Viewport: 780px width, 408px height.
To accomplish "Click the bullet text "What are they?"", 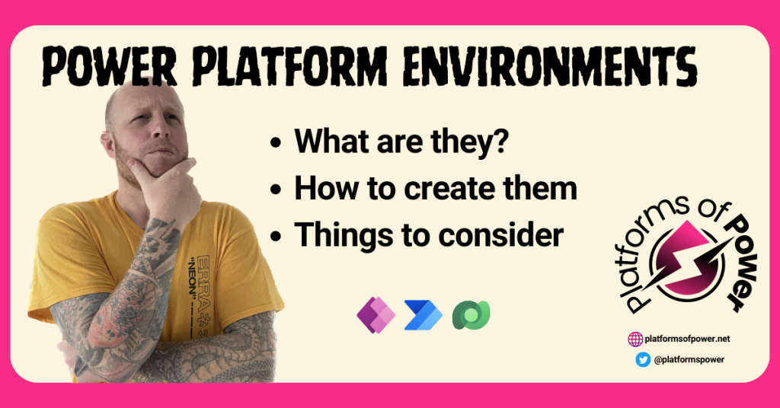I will tap(401, 142).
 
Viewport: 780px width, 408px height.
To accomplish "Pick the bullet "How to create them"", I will tap(435, 189).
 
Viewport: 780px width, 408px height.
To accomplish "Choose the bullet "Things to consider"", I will tap(429, 235).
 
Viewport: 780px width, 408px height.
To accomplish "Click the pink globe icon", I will tap(635, 339).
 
